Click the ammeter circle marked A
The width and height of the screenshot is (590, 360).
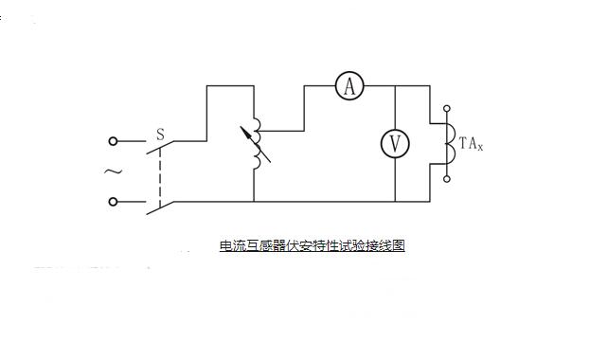[349, 87]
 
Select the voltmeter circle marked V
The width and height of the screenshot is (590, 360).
[395, 144]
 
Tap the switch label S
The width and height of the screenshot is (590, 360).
[160, 135]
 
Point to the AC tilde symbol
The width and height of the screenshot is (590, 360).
[112, 171]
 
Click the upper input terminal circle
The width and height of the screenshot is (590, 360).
[114, 141]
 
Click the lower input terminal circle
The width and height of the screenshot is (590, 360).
[114, 201]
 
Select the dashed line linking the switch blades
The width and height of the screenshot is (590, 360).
[160, 175]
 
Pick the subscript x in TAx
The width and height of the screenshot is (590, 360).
[481, 147]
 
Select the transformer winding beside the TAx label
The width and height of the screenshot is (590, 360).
[450, 143]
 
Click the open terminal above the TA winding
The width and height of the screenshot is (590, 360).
[448, 108]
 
